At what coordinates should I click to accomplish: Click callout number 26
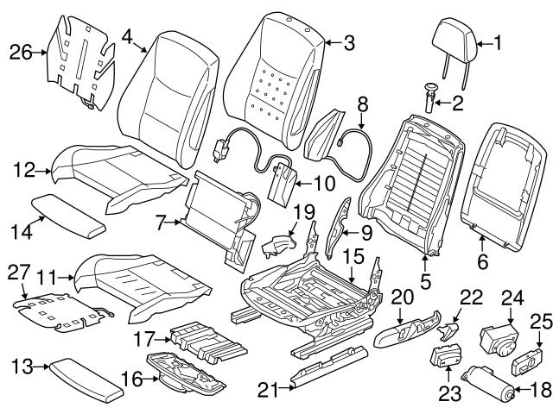coord(20,52)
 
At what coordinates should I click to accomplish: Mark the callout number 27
coord(19,271)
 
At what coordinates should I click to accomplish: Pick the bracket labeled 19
coord(276,244)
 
